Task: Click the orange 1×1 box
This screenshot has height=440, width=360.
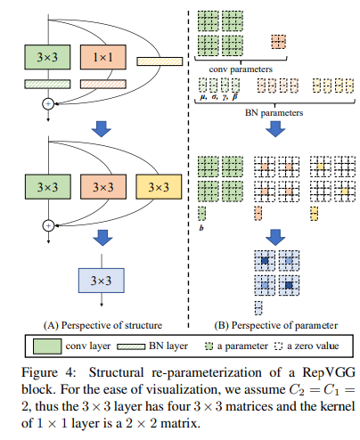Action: click(104, 59)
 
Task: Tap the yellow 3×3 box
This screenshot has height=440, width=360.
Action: click(160, 188)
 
